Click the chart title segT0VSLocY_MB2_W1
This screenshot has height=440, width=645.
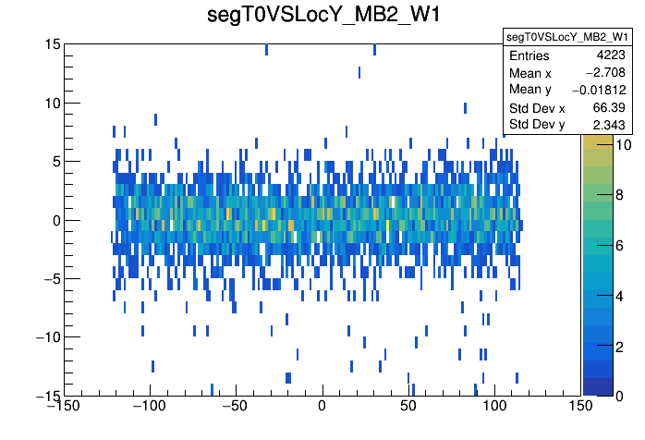pos(322,16)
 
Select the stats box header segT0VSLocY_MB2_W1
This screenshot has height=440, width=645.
pos(566,36)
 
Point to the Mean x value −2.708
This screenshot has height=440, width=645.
pos(605,73)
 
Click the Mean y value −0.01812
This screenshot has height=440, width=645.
pos(598,90)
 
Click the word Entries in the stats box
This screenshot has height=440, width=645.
pos(529,56)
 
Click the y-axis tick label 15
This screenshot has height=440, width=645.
pos(51,44)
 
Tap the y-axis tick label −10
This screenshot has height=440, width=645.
pos(43,336)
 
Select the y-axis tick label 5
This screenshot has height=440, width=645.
pos(55,161)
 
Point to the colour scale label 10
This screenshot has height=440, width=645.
pos(597,145)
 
